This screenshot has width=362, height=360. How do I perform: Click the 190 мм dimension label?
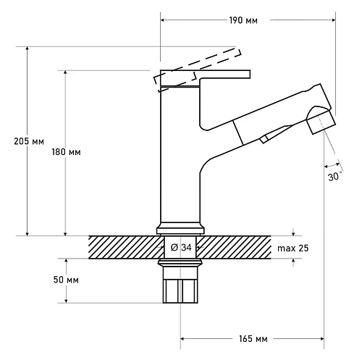[243, 20]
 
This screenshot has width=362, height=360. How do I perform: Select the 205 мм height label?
[29, 141]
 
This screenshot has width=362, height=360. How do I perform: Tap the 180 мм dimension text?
[66, 152]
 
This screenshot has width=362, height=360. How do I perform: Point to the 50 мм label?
[66, 280]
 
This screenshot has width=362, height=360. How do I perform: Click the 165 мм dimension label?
[253, 339]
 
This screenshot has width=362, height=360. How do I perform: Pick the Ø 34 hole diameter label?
[181, 248]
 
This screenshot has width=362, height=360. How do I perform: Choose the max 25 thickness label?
[292, 248]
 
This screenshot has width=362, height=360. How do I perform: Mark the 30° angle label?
[335, 177]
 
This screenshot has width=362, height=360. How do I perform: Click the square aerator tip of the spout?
[321, 122]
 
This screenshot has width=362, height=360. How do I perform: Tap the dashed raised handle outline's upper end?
[237, 52]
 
